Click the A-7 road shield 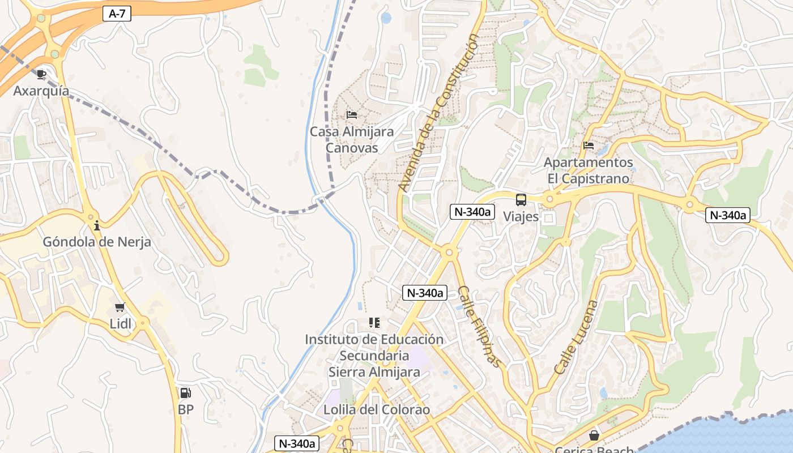point(117,14)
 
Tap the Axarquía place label point(41,91)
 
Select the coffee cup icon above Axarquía point(41,74)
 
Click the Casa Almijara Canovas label point(352,140)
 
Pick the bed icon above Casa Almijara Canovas point(352,115)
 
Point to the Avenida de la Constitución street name point(438,112)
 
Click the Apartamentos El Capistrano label point(588,170)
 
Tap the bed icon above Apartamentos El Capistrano point(589,146)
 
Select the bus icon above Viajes point(521,200)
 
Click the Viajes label point(521,217)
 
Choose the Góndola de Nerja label point(97,242)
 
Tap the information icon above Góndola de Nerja point(97,225)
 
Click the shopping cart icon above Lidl point(120,307)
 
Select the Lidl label point(120,324)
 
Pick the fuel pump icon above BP point(185,392)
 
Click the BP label point(185,409)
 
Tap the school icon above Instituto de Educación point(374,323)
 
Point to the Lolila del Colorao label point(377,409)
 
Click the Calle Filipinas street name point(480,326)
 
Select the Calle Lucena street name point(575,337)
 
